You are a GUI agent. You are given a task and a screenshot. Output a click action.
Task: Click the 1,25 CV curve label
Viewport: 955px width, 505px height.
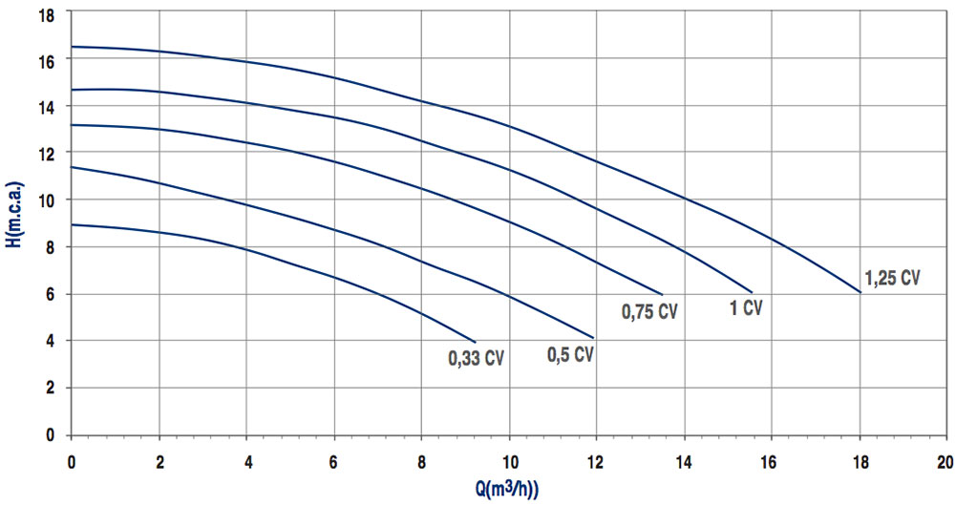point(892,279)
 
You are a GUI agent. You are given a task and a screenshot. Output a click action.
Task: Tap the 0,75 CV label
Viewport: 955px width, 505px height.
point(648,311)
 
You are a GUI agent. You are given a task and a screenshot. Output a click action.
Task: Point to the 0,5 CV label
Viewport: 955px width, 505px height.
point(570,355)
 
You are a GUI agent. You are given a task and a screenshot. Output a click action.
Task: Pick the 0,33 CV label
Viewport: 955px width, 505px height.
point(475,359)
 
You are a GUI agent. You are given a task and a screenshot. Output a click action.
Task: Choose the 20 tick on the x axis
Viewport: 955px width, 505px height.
point(944,461)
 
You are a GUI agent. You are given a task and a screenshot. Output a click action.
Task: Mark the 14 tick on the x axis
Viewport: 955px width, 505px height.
point(684,461)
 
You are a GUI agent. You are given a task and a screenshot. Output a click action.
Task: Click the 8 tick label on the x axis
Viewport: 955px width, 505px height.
point(422,461)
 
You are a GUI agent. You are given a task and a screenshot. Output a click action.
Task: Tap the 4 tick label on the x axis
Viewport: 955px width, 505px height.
point(247,461)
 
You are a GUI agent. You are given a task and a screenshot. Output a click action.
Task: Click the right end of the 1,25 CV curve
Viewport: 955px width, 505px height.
point(860,292)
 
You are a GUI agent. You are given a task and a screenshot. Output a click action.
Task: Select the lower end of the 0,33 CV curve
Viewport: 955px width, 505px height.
point(475,341)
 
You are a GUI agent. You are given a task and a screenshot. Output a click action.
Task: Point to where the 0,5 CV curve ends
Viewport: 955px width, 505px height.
point(594,338)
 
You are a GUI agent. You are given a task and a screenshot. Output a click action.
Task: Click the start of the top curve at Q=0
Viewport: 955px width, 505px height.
point(72,47)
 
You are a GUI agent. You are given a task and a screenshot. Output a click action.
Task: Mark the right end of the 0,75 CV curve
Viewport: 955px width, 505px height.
point(662,293)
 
